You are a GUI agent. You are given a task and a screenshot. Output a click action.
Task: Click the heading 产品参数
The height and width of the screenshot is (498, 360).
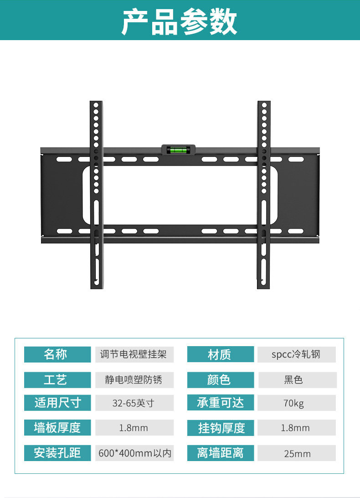click(x=180, y=21)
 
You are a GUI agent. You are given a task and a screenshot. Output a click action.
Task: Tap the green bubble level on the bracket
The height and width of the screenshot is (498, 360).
click(x=178, y=150)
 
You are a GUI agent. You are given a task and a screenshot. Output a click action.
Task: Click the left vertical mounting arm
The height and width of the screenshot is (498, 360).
click(x=96, y=195)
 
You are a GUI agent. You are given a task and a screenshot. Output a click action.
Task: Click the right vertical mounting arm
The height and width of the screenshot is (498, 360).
click(x=264, y=195)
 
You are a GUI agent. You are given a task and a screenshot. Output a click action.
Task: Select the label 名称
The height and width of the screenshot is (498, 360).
click(x=57, y=354)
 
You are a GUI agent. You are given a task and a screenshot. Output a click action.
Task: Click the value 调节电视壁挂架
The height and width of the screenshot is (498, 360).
click(x=134, y=354)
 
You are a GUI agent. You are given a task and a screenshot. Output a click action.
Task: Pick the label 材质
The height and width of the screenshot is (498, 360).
click(x=220, y=354)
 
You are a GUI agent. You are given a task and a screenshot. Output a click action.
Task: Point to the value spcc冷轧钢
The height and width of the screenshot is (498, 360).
click(x=296, y=354)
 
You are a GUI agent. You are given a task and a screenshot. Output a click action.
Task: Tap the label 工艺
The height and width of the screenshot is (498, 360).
click(x=57, y=379)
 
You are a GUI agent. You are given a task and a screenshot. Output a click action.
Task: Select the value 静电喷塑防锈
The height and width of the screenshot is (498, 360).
click(x=134, y=379)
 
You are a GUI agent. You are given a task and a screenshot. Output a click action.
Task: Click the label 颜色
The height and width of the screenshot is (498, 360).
click(x=220, y=379)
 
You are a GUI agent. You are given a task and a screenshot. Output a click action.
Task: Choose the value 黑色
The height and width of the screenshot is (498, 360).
click(x=296, y=379)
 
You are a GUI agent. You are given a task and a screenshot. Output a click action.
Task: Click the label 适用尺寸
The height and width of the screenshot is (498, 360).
click(x=57, y=403)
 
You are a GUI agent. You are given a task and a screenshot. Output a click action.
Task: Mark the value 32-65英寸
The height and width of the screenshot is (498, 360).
click(x=134, y=403)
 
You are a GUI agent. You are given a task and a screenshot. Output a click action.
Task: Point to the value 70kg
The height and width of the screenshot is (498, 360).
click(x=296, y=403)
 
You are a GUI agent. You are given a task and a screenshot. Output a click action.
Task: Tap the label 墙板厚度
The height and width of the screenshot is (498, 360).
click(x=57, y=428)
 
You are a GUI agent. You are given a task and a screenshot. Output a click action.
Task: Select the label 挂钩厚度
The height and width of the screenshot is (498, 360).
click(x=220, y=428)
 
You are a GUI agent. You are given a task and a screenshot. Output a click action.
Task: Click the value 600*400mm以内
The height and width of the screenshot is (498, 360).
click(x=134, y=453)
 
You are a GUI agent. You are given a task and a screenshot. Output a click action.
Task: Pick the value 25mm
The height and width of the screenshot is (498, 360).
click(x=296, y=453)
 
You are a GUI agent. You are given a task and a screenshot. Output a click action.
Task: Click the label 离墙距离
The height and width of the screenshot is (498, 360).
click(x=220, y=453)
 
